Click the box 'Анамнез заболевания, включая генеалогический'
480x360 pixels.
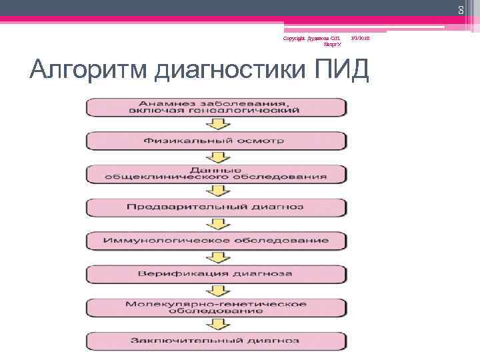tap(215, 107)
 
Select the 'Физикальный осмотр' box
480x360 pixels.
tap(215, 141)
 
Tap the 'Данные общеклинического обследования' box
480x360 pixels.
tap(215, 173)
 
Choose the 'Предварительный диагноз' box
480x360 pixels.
tap(215, 207)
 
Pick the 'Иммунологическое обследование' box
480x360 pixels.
tap(215, 240)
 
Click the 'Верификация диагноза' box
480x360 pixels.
tap(215, 274)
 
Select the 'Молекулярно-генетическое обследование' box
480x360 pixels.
tap(215, 307)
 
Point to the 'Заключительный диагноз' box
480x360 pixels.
tap(215, 340)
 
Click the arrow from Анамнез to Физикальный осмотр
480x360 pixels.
tap(215, 124)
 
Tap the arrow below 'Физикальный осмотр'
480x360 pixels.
tap(215, 157)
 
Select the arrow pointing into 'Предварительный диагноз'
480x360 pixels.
tap(215, 191)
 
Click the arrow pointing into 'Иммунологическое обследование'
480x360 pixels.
tap(215, 224)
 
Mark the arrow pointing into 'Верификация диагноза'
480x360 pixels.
tap(215, 257)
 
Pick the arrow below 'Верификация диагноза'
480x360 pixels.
tap(215, 291)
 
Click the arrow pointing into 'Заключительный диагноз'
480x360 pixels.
tap(215, 324)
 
